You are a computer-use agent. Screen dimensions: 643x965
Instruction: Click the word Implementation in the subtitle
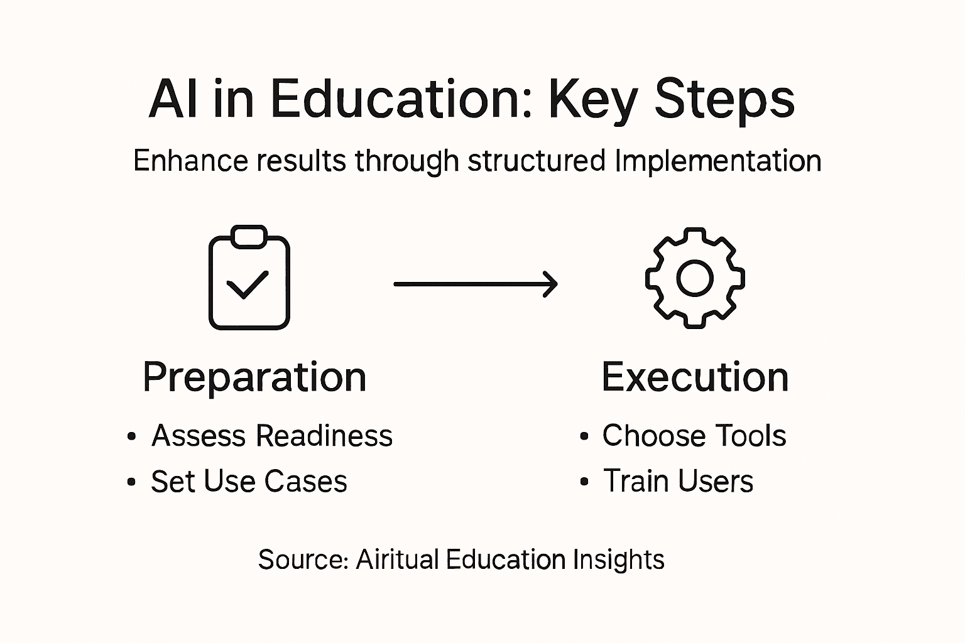(x=718, y=161)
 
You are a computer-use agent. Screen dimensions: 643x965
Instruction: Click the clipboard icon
(x=249, y=278)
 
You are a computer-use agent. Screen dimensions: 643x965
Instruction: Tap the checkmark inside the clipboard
(x=248, y=284)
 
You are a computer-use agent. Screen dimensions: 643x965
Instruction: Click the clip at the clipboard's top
(x=249, y=237)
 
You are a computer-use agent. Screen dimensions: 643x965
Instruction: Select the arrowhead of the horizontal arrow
(x=550, y=284)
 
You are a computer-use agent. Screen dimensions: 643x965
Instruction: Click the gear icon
(x=695, y=278)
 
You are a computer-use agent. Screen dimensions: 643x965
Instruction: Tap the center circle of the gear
(x=695, y=278)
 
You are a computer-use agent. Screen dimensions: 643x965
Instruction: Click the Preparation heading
(x=254, y=377)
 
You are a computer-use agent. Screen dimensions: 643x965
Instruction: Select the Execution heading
(x=695, y=377)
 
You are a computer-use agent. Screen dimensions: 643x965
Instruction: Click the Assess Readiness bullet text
(x=272, y=436)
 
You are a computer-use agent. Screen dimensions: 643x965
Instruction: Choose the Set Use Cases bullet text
(x=249, y=482)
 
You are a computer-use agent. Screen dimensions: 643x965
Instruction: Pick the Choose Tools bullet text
(x=694, y=436)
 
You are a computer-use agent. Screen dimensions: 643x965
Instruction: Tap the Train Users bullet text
(x=678, y=482)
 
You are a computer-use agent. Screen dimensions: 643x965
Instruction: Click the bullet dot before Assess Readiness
(x=131, y=436)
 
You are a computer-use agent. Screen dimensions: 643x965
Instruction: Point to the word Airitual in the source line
(x=397, y=559)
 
